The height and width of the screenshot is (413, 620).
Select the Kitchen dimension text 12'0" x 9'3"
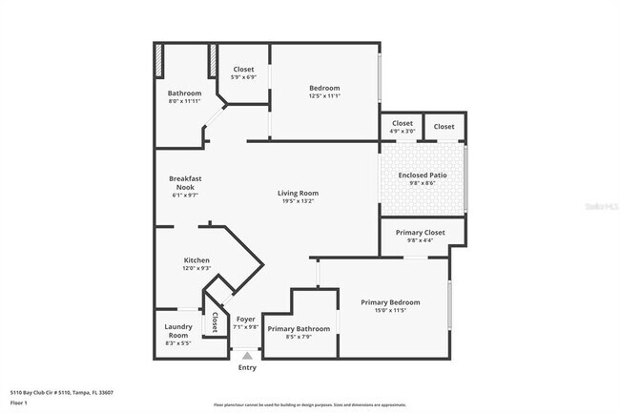tap(196, 269)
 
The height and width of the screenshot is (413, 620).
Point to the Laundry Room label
tap(179, 330)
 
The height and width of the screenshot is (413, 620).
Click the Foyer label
tap(246, 319)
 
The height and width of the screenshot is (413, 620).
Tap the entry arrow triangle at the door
tap(247, 356)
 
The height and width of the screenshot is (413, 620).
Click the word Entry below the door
tap(247, 367)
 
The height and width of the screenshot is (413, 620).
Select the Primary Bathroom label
tap(299, 328)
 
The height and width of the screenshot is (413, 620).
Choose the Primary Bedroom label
tap(390, 302)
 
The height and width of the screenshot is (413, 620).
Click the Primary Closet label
tap(421, 232)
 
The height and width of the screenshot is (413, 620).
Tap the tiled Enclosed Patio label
tap(423, 176)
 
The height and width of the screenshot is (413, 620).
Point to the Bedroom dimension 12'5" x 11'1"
tap(324, 96)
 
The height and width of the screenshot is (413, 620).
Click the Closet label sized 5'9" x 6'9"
tap(243, 70)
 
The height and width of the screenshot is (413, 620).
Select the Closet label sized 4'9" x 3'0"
tap(403, 123)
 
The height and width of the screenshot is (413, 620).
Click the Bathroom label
tap(185, 93)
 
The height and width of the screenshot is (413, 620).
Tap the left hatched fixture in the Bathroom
tap(159, 60)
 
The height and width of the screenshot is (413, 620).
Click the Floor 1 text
tap(18, 403)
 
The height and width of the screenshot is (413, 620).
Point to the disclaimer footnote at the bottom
tap(309, 404)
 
